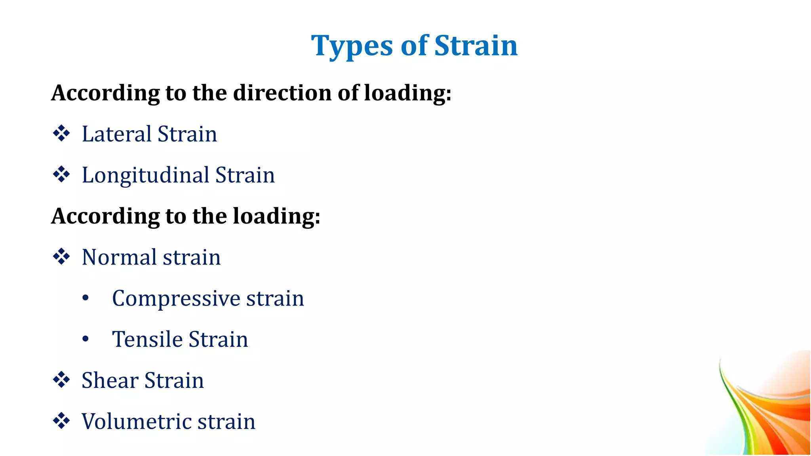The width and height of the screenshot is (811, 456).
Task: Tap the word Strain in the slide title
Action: [476, 46]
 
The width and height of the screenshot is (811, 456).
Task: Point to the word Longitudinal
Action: [145, 175]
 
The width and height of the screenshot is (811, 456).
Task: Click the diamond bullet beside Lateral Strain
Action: [61, 133]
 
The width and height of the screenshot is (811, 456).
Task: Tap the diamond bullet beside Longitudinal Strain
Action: [61, 175]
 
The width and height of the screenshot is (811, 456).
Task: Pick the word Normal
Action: [119, 257]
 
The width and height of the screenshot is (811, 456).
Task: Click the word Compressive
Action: [176, 298]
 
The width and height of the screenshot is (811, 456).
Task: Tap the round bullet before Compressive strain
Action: [86, 298]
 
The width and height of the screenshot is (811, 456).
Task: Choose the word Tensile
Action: [147, 339]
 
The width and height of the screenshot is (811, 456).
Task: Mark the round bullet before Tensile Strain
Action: [86, 339]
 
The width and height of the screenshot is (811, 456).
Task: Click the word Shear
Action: [110, 380]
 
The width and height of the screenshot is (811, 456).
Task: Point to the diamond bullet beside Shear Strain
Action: [61, 380]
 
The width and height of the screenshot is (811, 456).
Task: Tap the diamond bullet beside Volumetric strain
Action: [61, 421]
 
